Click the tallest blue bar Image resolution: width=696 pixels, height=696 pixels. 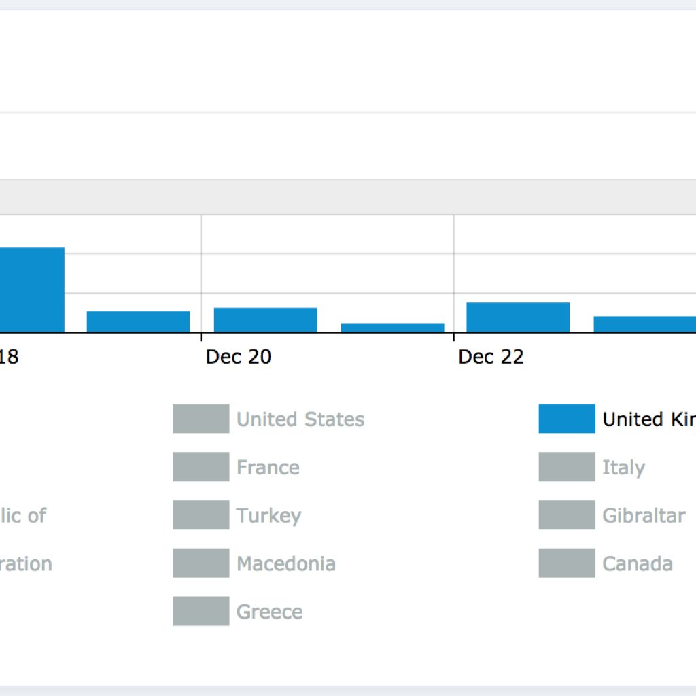[32, 290]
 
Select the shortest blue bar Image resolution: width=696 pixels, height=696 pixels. [392, 328]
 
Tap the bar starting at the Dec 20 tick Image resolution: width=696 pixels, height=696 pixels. [265, 320]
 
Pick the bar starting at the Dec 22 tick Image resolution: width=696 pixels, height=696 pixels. [518, 317]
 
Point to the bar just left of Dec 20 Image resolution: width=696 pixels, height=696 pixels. [138, 321]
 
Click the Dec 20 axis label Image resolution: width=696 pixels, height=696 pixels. [239, 357]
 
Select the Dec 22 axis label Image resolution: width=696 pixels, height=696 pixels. [491, 357]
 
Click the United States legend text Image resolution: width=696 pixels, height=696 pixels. [300, 419]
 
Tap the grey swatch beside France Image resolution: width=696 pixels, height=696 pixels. [201, 467]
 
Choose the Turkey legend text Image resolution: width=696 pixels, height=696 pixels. [268, 515]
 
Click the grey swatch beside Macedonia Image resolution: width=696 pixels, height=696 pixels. [201, 563]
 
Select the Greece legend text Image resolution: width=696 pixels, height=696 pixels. [269, 612]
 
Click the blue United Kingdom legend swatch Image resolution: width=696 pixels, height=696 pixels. [567, 419]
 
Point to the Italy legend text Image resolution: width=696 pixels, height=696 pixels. [623, 468]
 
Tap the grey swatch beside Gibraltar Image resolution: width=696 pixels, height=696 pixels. [567, 515]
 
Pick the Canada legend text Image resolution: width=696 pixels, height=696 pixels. [638, 563]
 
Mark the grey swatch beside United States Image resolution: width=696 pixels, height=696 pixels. [201, 419]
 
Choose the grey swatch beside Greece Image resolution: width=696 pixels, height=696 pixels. [201, 612]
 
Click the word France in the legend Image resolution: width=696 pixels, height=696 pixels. [268, 468]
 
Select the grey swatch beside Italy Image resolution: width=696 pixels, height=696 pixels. [567, 467]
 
